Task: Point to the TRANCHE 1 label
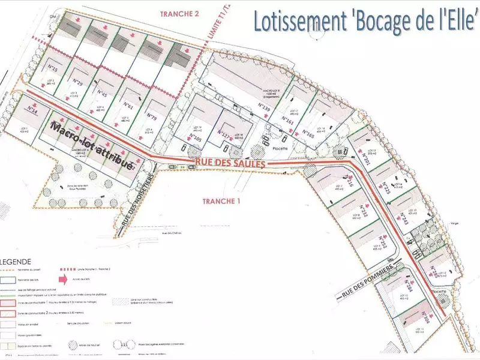coord(221,201)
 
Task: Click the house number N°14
coord(32,111)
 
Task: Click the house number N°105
coord(195,139)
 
